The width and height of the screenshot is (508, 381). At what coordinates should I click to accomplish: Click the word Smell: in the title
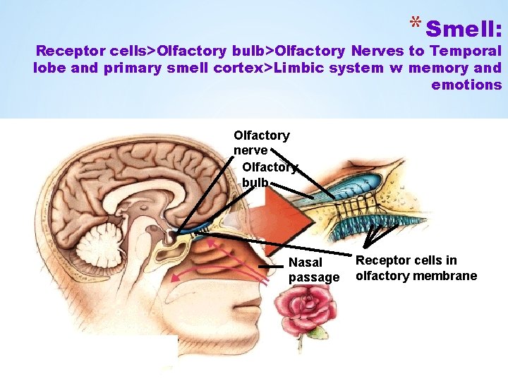[464, 30]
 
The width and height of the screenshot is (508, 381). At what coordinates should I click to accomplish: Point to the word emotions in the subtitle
[466, 85]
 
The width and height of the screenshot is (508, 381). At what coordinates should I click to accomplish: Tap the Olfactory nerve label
[261, 143]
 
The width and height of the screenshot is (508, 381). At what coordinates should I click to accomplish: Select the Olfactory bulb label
[270, 175]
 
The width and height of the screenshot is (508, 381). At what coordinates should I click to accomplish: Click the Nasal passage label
[314, 270]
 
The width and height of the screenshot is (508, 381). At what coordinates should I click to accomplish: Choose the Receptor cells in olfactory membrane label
[416, 268]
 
